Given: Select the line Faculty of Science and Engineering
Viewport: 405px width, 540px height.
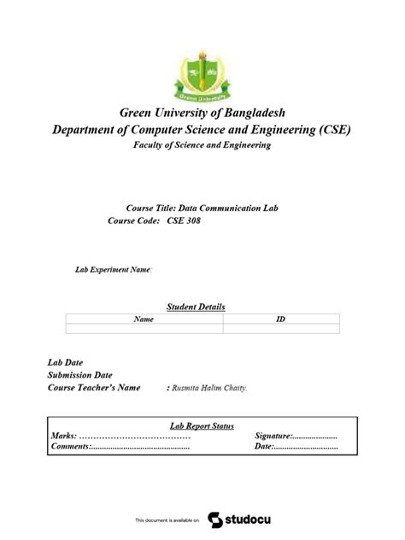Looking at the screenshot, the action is [x=202, y=146].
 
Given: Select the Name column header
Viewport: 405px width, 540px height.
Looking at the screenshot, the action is [x=144, y=319].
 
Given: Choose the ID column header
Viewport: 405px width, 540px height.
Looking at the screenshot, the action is [x=280, y=319].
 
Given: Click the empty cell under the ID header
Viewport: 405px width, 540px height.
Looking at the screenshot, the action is [x=280, y=328].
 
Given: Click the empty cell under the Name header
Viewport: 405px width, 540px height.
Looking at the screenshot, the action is [x=144, y=328].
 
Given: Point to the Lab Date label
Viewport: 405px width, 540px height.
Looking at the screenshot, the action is [x=65, y=362].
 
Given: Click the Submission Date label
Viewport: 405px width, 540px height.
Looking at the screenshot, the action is [x=79, y=374].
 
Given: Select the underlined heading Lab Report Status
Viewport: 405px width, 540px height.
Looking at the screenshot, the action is [x=202, y=426].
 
